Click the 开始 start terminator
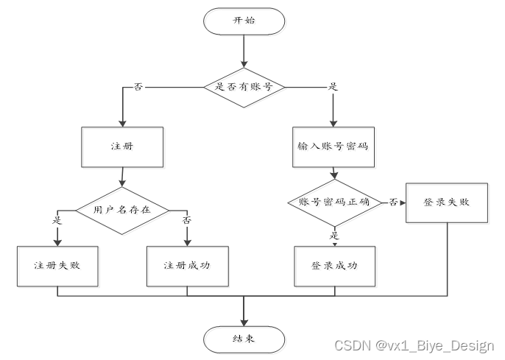click(x=243, y=21)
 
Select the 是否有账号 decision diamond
click(x=243, y=86)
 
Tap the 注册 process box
click(x=121, y=146)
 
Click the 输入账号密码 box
click(x=333, y=146)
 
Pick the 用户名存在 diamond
click(x=121, y=209)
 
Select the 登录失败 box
click(x=447, y=202)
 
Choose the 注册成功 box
click(x=187, y=264)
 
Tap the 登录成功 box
click(x=333, y=264)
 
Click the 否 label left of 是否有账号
click(x=138, y=86)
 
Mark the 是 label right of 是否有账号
click(x=333, y=86)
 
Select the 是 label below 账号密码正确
click(x=333, y=235)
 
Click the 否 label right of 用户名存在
click(x=187, y=220)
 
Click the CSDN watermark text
click(x=415, y=346)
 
